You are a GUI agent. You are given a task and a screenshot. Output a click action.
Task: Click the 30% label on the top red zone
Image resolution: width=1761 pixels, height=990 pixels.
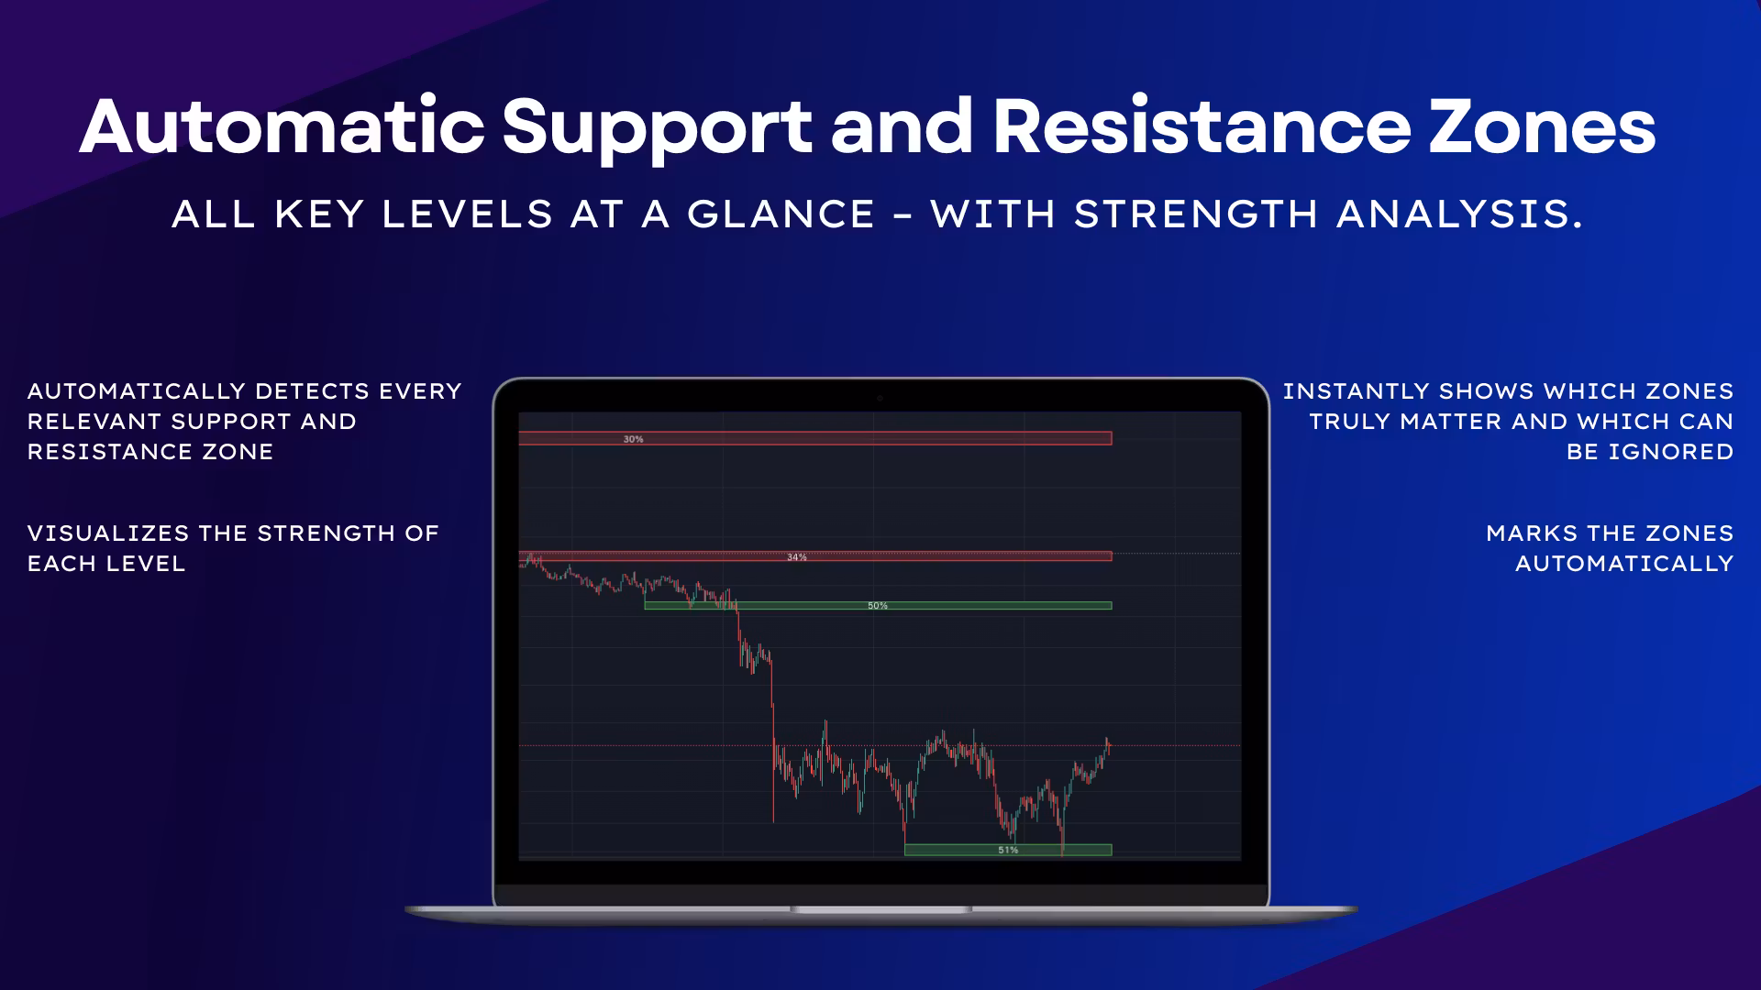click(634, 439)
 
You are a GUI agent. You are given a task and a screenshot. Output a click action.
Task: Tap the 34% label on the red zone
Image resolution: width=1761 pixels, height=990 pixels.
click(797, 557)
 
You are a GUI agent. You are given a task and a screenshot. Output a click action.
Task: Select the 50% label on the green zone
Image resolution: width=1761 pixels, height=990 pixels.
click(878, 606)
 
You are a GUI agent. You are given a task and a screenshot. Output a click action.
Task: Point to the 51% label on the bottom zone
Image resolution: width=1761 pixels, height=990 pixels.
click(1008, 851)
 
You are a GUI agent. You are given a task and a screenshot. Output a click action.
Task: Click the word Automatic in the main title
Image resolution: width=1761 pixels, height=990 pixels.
click(282, 126)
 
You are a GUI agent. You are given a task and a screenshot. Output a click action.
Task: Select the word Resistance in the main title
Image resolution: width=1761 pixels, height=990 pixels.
click(1202, 126)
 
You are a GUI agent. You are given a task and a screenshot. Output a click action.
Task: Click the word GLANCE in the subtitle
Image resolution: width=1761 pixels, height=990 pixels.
click(781, 214)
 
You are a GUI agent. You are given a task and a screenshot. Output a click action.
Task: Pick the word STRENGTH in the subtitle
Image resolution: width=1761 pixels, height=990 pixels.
click(1196, 214)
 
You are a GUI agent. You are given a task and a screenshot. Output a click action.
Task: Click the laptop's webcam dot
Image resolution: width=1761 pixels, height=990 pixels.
click(880, 399)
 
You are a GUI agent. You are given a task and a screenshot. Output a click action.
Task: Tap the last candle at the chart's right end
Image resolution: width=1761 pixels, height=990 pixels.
click(1109, 746)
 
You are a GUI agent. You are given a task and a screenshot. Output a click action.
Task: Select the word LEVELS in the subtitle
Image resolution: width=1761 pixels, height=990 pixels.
click(468, 214)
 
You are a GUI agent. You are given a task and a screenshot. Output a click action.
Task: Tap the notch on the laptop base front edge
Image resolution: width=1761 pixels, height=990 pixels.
click(880, 909)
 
